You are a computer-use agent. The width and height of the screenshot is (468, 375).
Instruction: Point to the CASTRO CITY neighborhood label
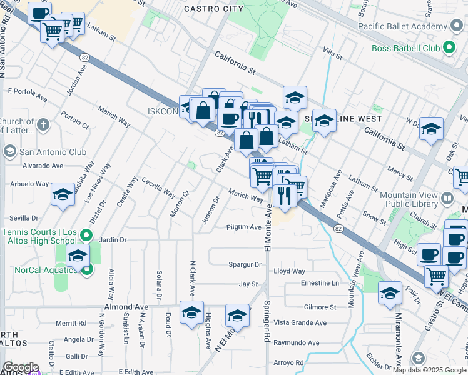pyautogui.click(x=213, y=9)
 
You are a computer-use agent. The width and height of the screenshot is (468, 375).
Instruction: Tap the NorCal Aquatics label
pyautogui.click(x=38, y=270)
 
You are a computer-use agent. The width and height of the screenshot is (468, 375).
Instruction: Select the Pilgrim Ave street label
pyautogui.click(x=243, y=227)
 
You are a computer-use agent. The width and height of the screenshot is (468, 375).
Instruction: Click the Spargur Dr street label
pyautogui.click(x=245, y=265)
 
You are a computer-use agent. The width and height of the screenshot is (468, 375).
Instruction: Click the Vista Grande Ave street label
pyautogui.click(x=300, y=323)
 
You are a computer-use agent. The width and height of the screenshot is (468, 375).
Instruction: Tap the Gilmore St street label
pyautogui.click(x=320, y=307)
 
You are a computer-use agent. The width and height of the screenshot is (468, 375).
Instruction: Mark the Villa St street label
pyautogui.click(x=332, y=52)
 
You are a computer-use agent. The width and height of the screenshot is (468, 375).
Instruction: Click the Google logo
pyautogui.click(x=20, y=367)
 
